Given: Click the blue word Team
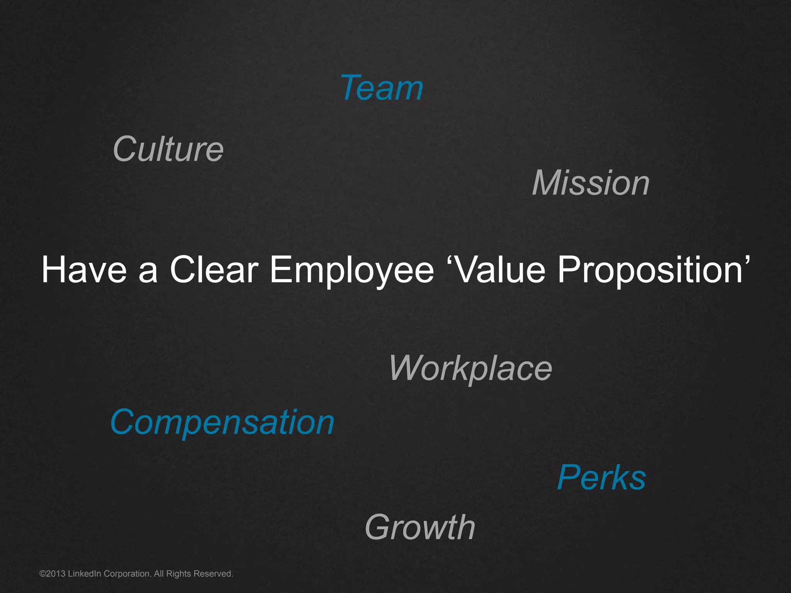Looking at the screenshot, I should pyautogui.click(x=382, y=88).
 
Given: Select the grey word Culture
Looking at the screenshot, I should pyautogui.click(x=168, y=149).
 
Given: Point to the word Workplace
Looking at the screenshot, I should pyautogui.click(x=470, y=368).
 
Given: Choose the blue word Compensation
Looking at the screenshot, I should pyautogui.click(x=222, y=422).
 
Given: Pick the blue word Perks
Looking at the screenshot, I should pyautogui.click(x=601, y=478).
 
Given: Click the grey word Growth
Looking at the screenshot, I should pyautogui.click(x=420, y=527).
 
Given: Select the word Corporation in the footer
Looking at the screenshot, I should pyautogui.click(x=127, y=574).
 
